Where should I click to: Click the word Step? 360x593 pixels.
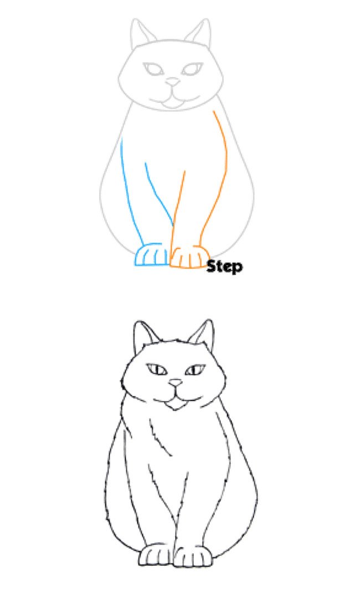[224, 266]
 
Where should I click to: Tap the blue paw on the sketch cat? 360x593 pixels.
[151, 256]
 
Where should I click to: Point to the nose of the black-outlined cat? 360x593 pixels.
[176, 383]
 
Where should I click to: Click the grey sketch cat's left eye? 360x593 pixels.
[153, 70]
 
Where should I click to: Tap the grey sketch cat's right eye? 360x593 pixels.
[192, 70]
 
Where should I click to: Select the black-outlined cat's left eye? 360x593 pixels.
[156, 369]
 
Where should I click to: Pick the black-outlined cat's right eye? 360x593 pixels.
[195, 369]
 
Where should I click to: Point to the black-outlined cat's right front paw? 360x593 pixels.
[192, 557]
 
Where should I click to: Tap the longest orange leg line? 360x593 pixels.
[221, 166]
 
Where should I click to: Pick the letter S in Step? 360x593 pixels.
[212, 266]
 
